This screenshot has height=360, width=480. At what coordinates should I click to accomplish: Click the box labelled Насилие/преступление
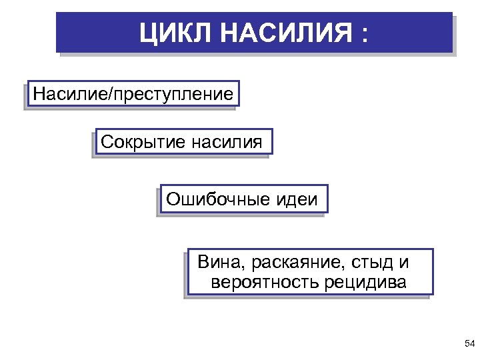pos(133,95)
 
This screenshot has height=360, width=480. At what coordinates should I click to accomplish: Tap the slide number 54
pos(469,343)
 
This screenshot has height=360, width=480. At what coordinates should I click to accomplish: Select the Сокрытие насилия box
pos(183,142)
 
